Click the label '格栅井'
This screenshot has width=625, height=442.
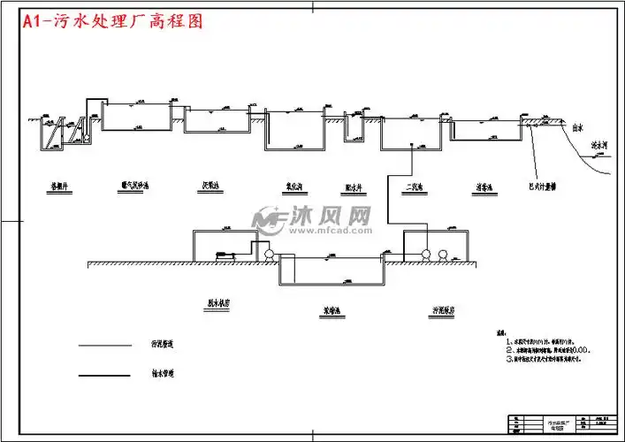tap(60, 187)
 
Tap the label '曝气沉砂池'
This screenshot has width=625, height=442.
tap(135, 187)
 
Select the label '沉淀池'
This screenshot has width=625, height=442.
tap(210, 187)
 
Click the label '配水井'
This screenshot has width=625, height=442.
tap(354, 187)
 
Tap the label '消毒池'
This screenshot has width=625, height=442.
tap(483, 187)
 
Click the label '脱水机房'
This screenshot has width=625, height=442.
tap(218, 302)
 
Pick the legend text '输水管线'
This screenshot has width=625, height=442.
tap(149, 375)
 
